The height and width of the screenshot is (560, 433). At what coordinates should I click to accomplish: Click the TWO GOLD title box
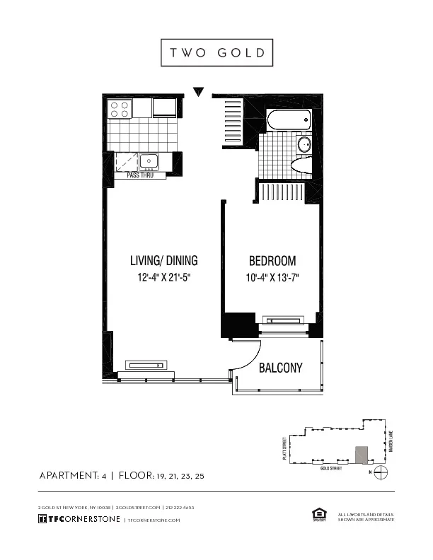click(x=216, y=52)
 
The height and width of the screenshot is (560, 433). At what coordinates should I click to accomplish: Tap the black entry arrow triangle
click(x=199, y=92)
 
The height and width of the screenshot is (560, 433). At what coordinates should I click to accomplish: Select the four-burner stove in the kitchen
click(x=119, y=108)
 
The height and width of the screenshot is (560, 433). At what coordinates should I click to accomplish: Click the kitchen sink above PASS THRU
click(x=149, y=161)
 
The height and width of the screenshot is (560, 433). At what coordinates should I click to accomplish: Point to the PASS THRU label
click(x=140, y=175)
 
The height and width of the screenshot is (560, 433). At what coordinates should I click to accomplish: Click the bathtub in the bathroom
click(x=288, y=120)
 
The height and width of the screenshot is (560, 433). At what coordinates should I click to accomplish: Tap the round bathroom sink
click(x=303, y=146)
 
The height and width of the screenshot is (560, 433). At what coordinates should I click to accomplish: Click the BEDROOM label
click(x=272, y=260)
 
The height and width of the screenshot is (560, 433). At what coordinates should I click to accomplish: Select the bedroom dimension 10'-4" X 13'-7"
click(x=272, y=277)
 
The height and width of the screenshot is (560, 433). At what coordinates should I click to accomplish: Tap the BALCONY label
click(x=280, y=368)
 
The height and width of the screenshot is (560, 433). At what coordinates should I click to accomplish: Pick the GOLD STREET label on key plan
click(x=331, y=468)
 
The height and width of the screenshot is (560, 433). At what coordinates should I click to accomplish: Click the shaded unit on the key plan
click(x=362, y=454)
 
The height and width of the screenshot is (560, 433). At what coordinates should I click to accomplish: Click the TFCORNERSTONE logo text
click(x=79, y=520)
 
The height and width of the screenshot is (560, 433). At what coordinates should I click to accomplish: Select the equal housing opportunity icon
click(x=316, y=514)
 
